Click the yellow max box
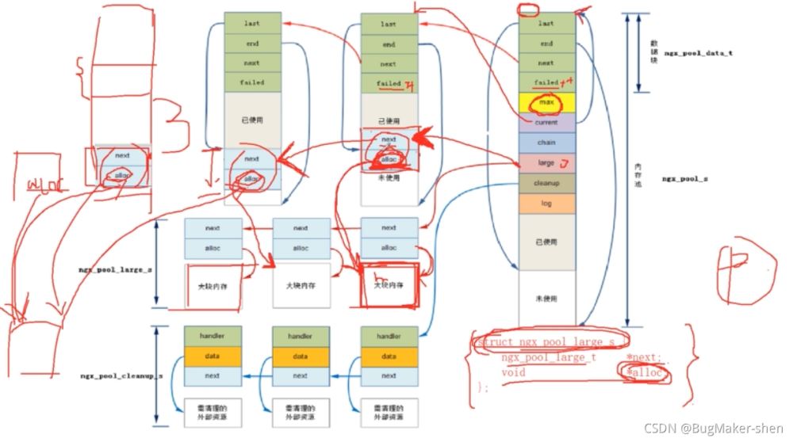(x=546, y=102)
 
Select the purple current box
(x=546, y=123)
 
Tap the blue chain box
(x=546, y=143)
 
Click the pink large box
(x=546, y=163)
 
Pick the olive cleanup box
(x=546, y=183)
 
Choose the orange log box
(x=546, y=204)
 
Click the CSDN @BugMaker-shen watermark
(x=714, y=429)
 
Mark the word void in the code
(x=513, y=372)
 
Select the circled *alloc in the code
(x=646, y=372)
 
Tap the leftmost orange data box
(x=212, y=356)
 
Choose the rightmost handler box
(x=389, y=336)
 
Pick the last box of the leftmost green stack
(x=252, y=24)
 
